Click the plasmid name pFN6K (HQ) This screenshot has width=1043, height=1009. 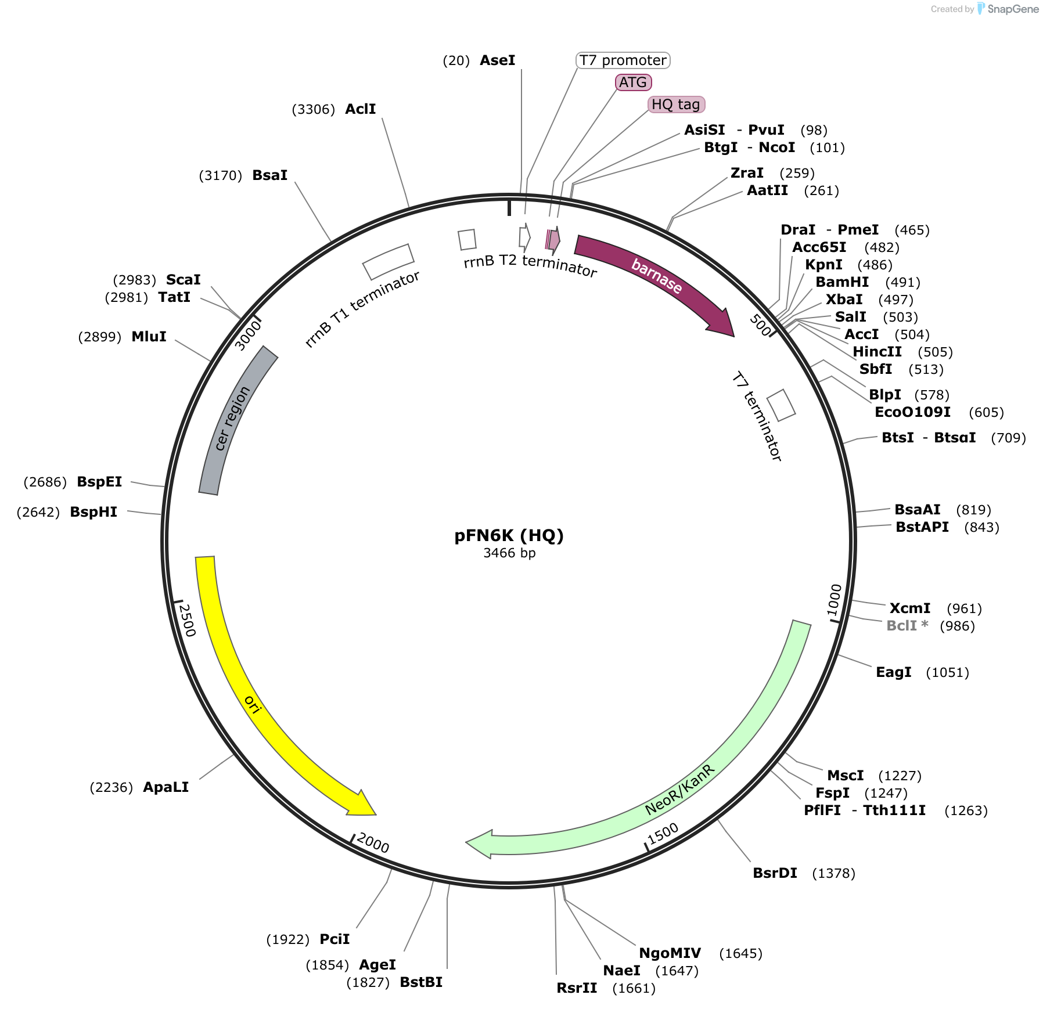click(x=509, y=535)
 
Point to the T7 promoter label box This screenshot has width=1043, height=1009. click(x=623, y=60)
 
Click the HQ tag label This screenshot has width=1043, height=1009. click(x=676, y=104)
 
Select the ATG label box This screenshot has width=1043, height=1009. click(x=633, y=82)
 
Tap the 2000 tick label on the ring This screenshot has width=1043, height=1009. click(x=373, y=842)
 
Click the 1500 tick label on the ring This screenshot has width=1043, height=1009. click(x=663, y=834)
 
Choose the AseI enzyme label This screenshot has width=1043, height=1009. click(x=498, y=60)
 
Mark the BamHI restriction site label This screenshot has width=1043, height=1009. click(x=842, y=282)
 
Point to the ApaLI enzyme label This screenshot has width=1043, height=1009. click(x=166, y=787)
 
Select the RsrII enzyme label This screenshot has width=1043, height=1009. click(x=577, y=988)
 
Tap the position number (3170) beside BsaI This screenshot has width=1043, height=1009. click(x=220, y=175)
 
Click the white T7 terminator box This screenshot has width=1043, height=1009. click(x=781, y=405)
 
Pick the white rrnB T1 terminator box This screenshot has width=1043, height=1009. click(x=388, y=261)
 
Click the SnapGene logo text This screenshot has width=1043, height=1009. click(x=1013, y=9)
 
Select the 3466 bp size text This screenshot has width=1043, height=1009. click(x=509, y=553)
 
